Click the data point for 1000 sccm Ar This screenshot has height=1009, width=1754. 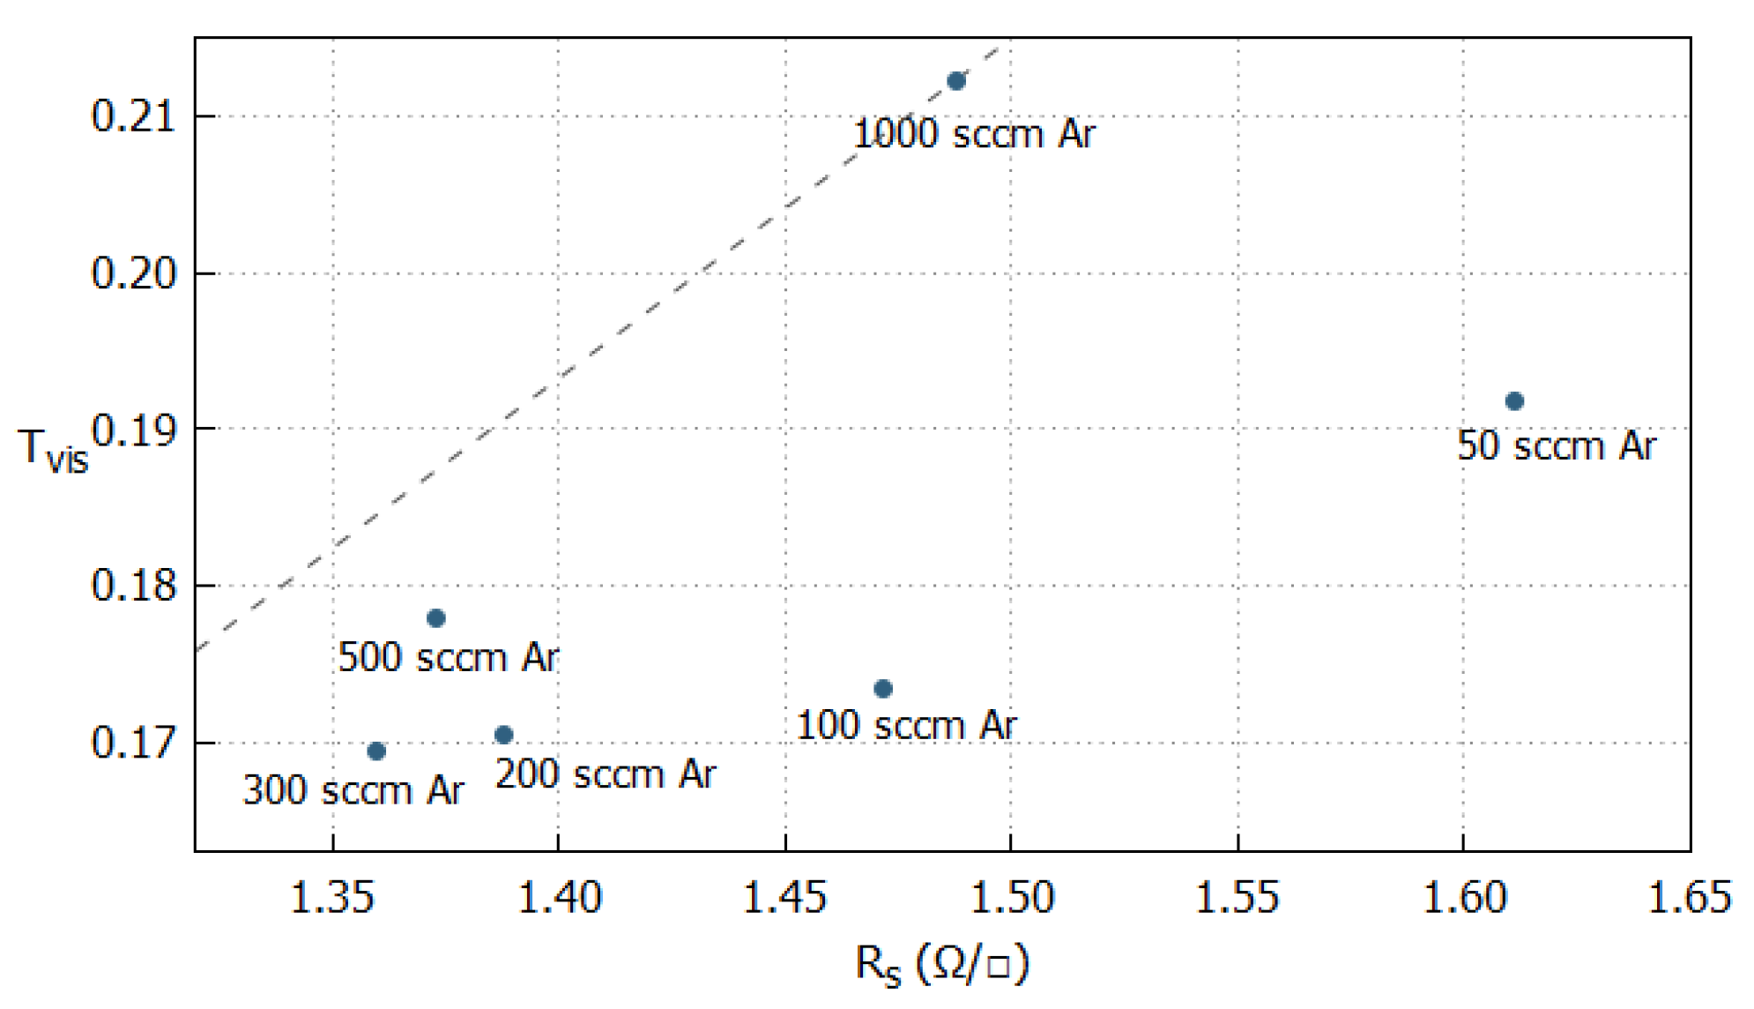tap(956, 81)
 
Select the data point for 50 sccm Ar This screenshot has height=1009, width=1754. tap(1514, 401)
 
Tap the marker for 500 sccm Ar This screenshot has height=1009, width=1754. tap(435, 617)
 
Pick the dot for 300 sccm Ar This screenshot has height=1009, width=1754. tap(376, 751)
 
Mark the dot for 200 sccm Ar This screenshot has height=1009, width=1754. tap(503, 735)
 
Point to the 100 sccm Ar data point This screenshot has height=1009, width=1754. tap(883, 689)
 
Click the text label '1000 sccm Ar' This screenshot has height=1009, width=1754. tap(973, 135)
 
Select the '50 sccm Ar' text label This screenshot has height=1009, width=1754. tap(1557, 446)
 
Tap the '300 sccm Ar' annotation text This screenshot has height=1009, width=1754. tap(353, 790)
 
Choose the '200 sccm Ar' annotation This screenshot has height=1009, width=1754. tap(606, 775)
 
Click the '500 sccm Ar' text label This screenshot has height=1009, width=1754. tap(448, 658)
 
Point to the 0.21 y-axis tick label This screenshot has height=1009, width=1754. tap(134, 116)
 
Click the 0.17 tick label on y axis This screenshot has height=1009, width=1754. tap(134, 743)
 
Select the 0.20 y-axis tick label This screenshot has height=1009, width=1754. tap(134, 273)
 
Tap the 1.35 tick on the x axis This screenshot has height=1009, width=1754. tap(332, 898)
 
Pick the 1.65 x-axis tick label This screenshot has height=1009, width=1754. tap(1689, 898)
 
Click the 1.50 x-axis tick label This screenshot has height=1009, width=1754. tap(1011, 898)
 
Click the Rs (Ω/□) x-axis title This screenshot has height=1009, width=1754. tap(941, 964)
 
